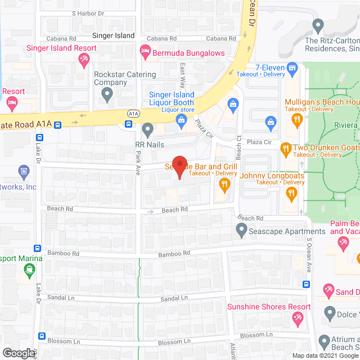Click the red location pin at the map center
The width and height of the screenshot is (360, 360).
coord(179,166)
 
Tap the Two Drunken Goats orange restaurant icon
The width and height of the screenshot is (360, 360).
coord(285,148)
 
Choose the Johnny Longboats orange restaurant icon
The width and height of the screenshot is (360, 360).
coord(291,194)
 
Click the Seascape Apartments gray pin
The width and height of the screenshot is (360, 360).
coord(241,229)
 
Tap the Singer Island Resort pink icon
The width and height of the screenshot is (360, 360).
coord(84,58)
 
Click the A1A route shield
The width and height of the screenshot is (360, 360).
coord(133,113)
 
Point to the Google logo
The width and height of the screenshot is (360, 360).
coord(19,353)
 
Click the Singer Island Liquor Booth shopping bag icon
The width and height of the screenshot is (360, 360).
coord(181,120)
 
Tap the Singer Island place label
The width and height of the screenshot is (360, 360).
coord(113,35)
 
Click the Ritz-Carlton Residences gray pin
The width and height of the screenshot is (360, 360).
coord(318,25)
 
